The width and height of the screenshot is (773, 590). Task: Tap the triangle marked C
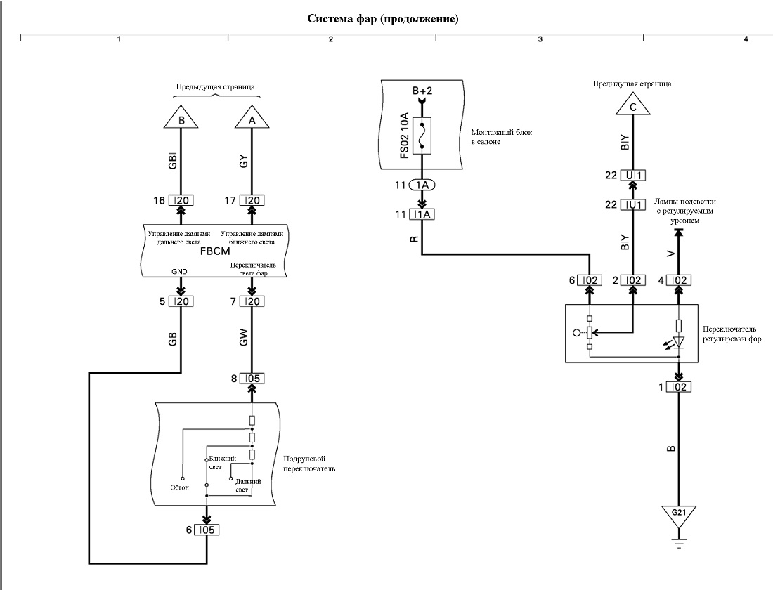point(633,105)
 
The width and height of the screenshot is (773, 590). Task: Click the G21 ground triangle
point(679,516)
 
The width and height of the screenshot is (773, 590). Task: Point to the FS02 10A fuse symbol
point(422,136)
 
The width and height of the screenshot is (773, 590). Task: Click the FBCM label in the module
point(215,251)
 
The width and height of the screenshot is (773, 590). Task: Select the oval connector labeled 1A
point(422,185)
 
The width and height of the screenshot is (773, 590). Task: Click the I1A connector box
point(422,214)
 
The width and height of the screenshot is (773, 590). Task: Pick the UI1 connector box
point(633,176)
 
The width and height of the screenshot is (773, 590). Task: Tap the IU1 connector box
point(633,204)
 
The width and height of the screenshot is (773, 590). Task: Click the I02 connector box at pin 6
point(590,280)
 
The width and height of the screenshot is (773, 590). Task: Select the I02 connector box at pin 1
point(679,387)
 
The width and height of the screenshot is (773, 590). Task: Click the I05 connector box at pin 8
point(252,379)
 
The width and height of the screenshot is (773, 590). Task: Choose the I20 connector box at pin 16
point(181,200)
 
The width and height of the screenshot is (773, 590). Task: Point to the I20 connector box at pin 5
point(181,301)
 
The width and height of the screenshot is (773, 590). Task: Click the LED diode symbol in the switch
point(679,341)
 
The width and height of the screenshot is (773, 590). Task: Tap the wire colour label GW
point(243,337)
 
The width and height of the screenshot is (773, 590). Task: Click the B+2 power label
point(422,91)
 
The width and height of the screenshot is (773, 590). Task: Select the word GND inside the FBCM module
point(179,272)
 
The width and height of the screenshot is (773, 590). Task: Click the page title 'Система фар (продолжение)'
point(383,19)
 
